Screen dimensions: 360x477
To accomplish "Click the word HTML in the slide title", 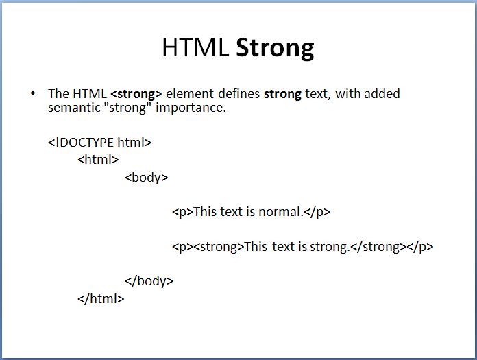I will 196,47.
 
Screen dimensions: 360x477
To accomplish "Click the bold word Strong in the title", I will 275,47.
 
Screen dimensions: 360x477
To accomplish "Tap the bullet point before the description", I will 32,93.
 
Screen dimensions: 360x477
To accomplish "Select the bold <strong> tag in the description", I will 136,94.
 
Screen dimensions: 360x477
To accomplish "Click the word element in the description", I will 188,94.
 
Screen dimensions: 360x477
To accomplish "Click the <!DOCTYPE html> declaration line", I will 99,143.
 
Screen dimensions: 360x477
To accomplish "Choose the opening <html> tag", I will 98,160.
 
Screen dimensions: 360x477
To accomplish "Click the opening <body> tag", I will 147,177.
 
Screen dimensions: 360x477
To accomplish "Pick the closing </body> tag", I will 149,281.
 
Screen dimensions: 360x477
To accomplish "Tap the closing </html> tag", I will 101,298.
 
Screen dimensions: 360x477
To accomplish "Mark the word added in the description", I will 382,94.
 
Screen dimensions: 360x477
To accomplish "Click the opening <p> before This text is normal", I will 182,212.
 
